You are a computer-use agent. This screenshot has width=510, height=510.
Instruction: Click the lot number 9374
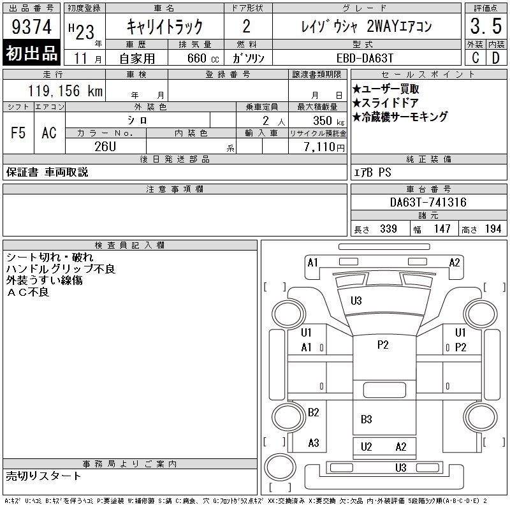(x=31, y=27)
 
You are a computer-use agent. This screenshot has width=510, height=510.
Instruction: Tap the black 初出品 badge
(x=31, y=52)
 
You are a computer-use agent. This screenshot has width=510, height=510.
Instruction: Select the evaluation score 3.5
(x=486, y=26)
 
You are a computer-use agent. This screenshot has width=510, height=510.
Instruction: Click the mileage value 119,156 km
(x=65, y=91)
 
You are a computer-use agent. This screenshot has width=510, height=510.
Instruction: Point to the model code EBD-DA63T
(x=365, y=58)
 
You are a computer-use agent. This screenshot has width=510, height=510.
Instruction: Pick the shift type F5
(x=18, y=133)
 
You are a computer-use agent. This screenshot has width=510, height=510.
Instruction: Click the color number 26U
(x=105, y=147)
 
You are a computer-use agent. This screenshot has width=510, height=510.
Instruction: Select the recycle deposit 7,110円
(x=324, y=147)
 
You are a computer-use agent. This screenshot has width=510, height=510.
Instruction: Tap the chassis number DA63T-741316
(x=428, y=202)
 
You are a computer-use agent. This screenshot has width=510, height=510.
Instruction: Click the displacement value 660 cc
(x=203, y=58)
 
